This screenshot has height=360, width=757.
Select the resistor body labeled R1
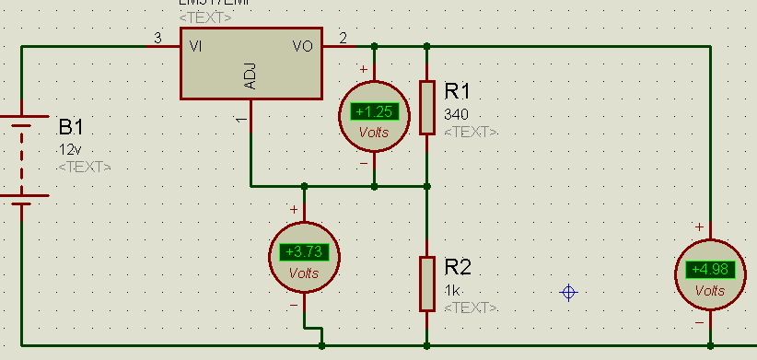426,108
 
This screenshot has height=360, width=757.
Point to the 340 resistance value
456,114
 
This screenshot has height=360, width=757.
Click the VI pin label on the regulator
196,45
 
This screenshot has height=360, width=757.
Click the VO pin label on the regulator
302,45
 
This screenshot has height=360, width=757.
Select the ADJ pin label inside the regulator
250,76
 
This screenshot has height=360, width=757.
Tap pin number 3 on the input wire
157,38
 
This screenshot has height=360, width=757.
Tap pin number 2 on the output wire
344,38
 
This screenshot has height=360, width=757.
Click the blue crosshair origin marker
569,293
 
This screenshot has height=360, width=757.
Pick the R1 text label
458,91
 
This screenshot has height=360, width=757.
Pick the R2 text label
458,268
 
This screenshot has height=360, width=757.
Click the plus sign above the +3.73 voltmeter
294,210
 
